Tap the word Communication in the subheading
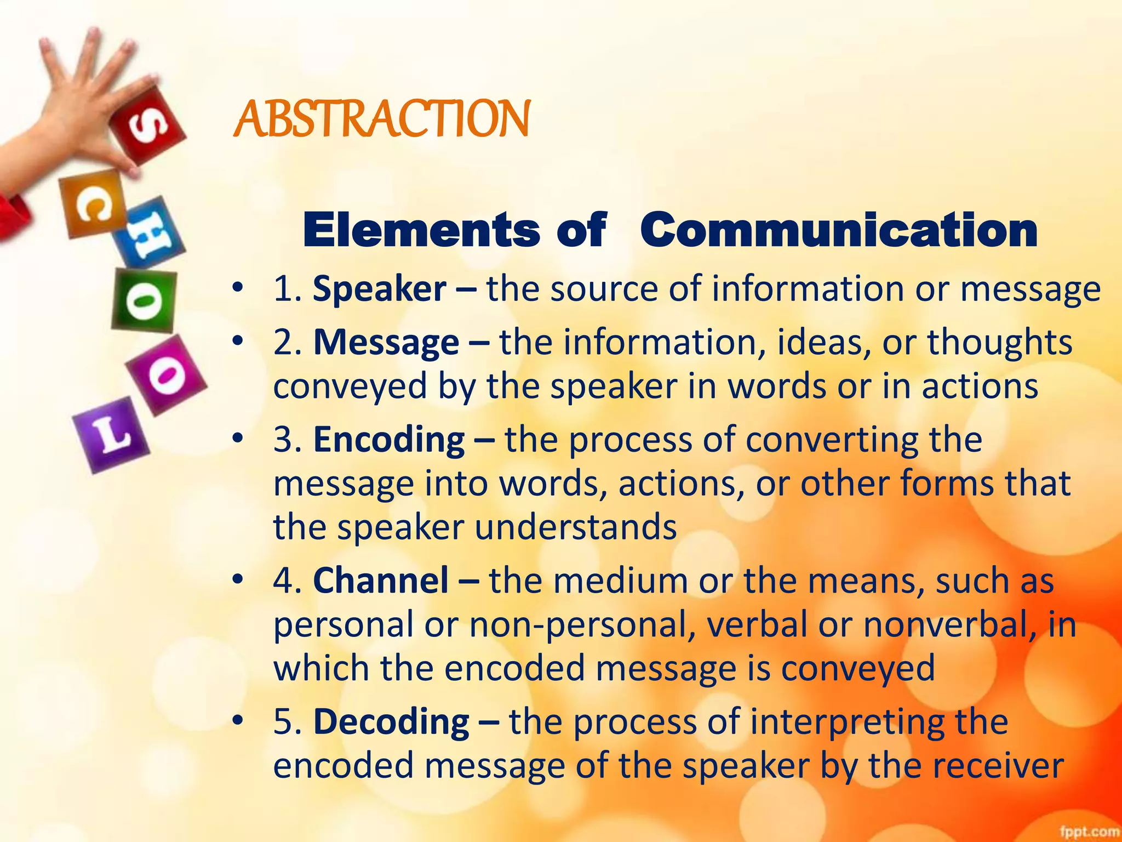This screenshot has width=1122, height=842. pyautogui.click(x=838, y=230)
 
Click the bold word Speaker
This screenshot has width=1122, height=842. pyautogui.click(x=379, y=289)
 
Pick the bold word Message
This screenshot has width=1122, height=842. pyautogui.click(x=386, y=343)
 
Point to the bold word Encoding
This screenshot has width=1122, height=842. pyautogui.click(x=389, y=440)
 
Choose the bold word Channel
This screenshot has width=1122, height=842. pyautogui.click(x=381, y=581)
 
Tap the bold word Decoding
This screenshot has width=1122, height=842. pyautogui.click(x=391, y=721)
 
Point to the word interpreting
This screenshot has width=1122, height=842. pyautogui.click(x=844, y=721)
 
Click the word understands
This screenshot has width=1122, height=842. pyautogui.click(x=575, y=527)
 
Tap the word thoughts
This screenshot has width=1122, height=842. pyautogui.click(x=999, y=343)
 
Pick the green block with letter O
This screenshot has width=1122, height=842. pyautogui.click(x=144, y=301)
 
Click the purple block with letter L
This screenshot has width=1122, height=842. pyautogui.click(x=111, y=434)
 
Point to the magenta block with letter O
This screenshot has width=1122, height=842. pyautogui.click(x=166, y=375)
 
